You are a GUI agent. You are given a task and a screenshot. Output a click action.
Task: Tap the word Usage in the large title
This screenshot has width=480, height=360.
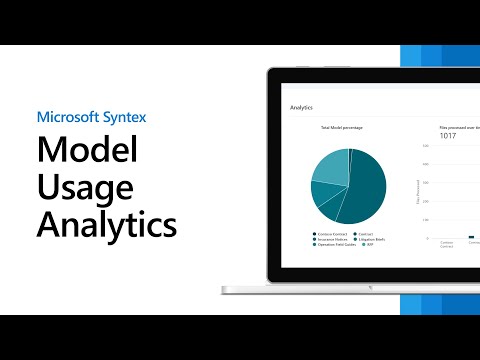click(82, 188)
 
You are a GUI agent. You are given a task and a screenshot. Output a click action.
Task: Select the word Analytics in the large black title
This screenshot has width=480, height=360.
click(107, 223)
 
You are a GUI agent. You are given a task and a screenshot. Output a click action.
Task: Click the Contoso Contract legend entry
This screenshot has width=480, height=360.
click(329, 234)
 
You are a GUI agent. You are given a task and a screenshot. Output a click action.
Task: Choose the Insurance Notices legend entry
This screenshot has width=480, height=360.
click(329, 240)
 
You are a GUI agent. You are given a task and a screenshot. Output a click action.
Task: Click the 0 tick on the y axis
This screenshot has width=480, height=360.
click(427, 238)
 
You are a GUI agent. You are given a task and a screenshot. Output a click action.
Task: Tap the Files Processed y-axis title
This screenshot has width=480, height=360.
click(416, 192)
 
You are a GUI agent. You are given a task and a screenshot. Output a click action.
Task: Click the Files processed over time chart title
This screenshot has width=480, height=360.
click(460, 129)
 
